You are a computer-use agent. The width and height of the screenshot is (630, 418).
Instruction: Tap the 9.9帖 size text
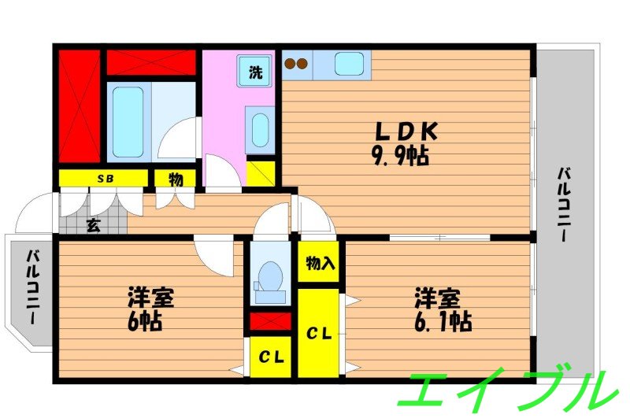click(399, 156)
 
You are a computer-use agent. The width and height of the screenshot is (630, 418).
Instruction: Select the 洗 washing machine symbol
click(257, 73)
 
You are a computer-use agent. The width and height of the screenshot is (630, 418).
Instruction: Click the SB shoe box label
click(105, 179)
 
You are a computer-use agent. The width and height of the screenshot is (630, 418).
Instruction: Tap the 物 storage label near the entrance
click(176, 179)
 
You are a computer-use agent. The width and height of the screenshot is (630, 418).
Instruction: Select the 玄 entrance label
click(93, 225)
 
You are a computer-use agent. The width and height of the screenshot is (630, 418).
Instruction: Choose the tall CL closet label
click(318, 335)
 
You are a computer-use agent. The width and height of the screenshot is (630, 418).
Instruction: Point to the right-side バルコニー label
click(565, 205)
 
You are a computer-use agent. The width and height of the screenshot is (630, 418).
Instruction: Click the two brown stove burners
click(296, 64)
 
